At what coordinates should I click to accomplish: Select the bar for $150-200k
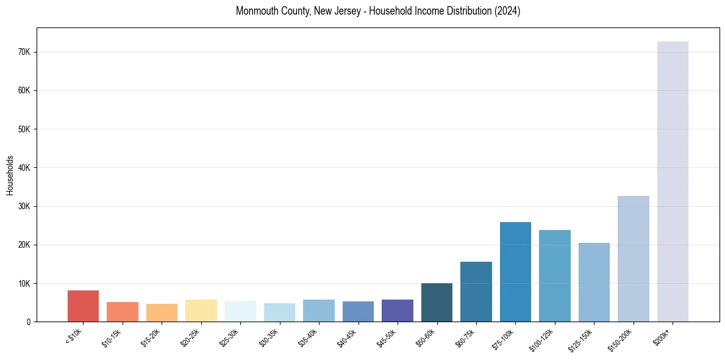coord(634,259)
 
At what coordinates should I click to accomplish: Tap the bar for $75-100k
coord(515,272)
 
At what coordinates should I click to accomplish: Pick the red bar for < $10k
coord(83,306)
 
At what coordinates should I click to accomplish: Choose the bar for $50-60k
coord(437,303)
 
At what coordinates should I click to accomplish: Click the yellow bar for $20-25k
coord(201,311)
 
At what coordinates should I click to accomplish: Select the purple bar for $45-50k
coord(398,311)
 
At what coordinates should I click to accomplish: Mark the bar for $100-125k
coord(555,276)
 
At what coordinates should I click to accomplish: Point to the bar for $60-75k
coord(476,292)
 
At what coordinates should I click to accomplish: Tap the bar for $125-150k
coord(594,283)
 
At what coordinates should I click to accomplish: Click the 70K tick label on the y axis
coord(24,52)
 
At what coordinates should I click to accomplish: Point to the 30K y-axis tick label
coord(24,206)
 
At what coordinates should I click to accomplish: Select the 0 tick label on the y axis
coord(28,322)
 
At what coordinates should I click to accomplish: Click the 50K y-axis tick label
coord(24,129)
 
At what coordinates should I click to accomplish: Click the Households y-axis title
coord(10,175)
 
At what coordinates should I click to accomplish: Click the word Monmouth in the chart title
coord(255,11)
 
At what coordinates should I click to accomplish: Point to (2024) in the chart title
coord(507,11)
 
